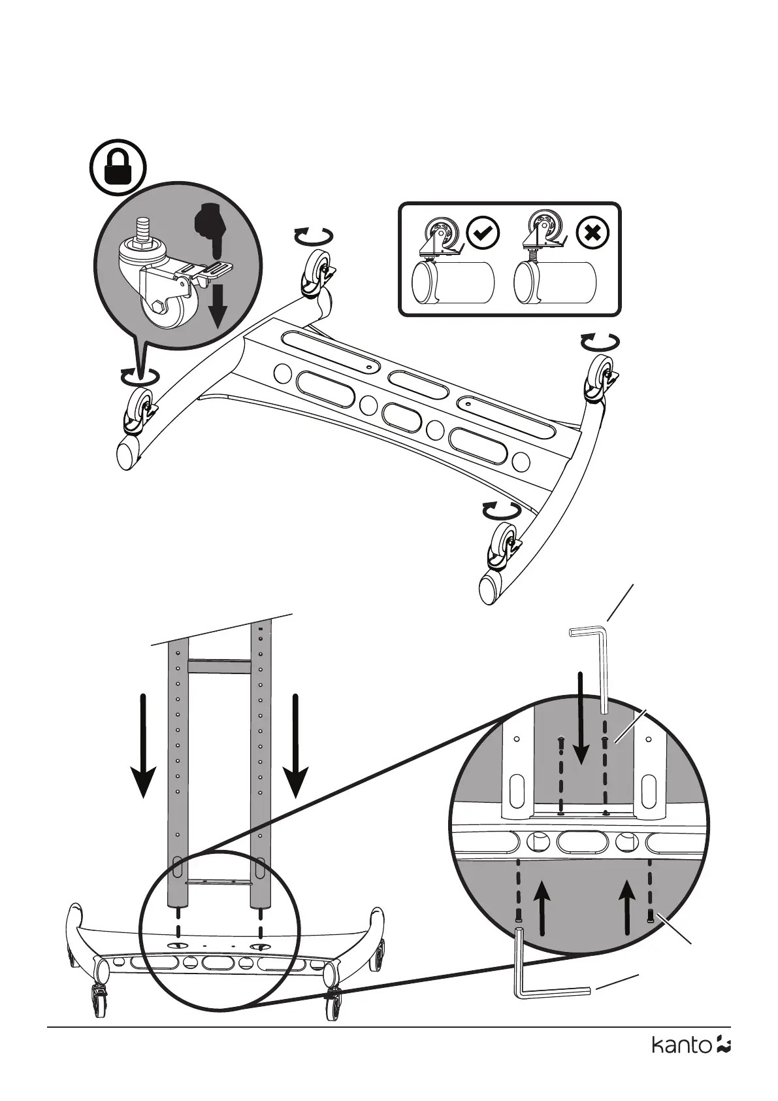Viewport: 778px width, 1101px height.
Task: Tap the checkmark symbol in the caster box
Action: click(483, 233)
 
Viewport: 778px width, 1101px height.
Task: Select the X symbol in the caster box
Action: click(593, 233)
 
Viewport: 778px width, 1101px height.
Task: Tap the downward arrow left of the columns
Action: click(143, 745)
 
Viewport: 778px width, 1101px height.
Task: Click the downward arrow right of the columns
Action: click(296, 745)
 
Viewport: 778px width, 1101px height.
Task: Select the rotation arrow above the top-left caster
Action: click(314, 235)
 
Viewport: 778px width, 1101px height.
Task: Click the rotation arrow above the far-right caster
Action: click(600, 342)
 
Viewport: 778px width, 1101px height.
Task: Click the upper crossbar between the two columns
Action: click(219, 666)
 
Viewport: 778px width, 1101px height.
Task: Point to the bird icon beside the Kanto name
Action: click(723, 1064)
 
